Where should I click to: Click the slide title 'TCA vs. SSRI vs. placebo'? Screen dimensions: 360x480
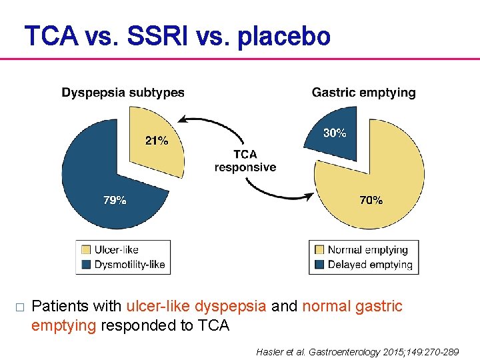(177, 36)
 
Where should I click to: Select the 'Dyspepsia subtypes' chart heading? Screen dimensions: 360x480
(123, 93)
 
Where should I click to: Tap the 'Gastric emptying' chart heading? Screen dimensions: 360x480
(363, 93)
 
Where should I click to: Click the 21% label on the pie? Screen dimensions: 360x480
(157, 141)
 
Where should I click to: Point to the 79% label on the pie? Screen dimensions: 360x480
(115, 200)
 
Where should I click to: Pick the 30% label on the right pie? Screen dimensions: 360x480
(335, 133)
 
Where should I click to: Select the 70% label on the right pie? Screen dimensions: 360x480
(371, 200)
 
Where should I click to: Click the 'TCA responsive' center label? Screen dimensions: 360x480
(245, 161)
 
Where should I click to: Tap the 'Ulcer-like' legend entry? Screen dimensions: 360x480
(116, 250)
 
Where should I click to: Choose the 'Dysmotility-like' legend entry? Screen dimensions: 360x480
(129, 264)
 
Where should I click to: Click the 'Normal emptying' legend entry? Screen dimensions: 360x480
(367, 250)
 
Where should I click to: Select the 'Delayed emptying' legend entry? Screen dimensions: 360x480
(370, 264)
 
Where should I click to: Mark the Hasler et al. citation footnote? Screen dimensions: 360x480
(357, 351)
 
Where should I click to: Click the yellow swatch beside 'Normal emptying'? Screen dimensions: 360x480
(319, 250)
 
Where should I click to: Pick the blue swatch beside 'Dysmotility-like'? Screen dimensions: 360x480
(86, 264)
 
